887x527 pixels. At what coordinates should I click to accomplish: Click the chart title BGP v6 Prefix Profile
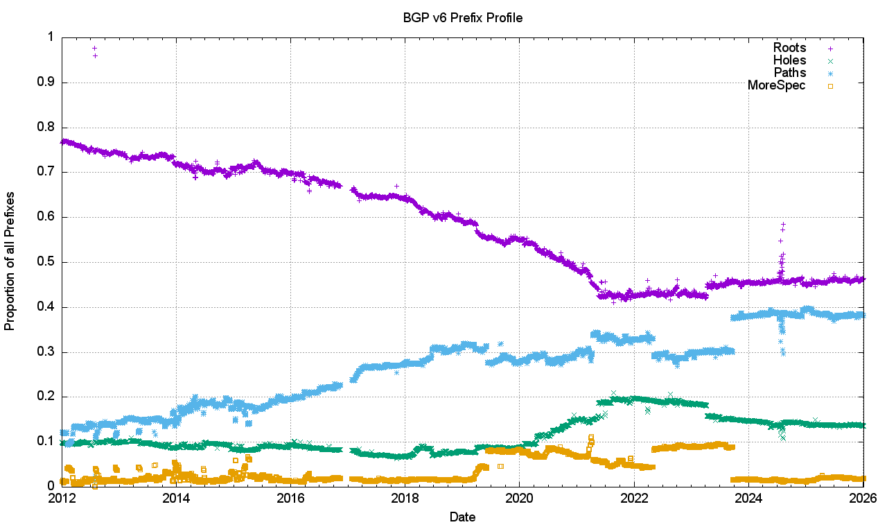point(462,18)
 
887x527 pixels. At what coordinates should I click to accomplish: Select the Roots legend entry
point(789,48)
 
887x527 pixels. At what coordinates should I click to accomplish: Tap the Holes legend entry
point(789,60)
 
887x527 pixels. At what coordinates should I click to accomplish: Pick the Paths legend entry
point(789,73)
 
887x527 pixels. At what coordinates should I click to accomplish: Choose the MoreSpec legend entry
point(777,85)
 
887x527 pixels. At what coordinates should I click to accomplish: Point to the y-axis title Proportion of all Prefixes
point(10,261)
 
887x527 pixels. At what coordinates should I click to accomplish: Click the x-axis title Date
point(462,517)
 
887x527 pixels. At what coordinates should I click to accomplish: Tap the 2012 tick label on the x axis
point(62,498)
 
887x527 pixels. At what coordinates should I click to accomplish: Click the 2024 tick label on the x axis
point(748,498)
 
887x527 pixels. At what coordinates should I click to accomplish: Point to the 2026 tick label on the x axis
point(863,498)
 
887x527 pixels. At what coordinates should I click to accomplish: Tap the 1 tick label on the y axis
point(51,37)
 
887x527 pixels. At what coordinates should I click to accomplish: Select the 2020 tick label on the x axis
point(520,498)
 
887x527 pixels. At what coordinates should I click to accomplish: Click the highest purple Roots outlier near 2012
point(94,48)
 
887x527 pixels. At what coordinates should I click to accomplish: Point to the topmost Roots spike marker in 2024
point(783,224)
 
